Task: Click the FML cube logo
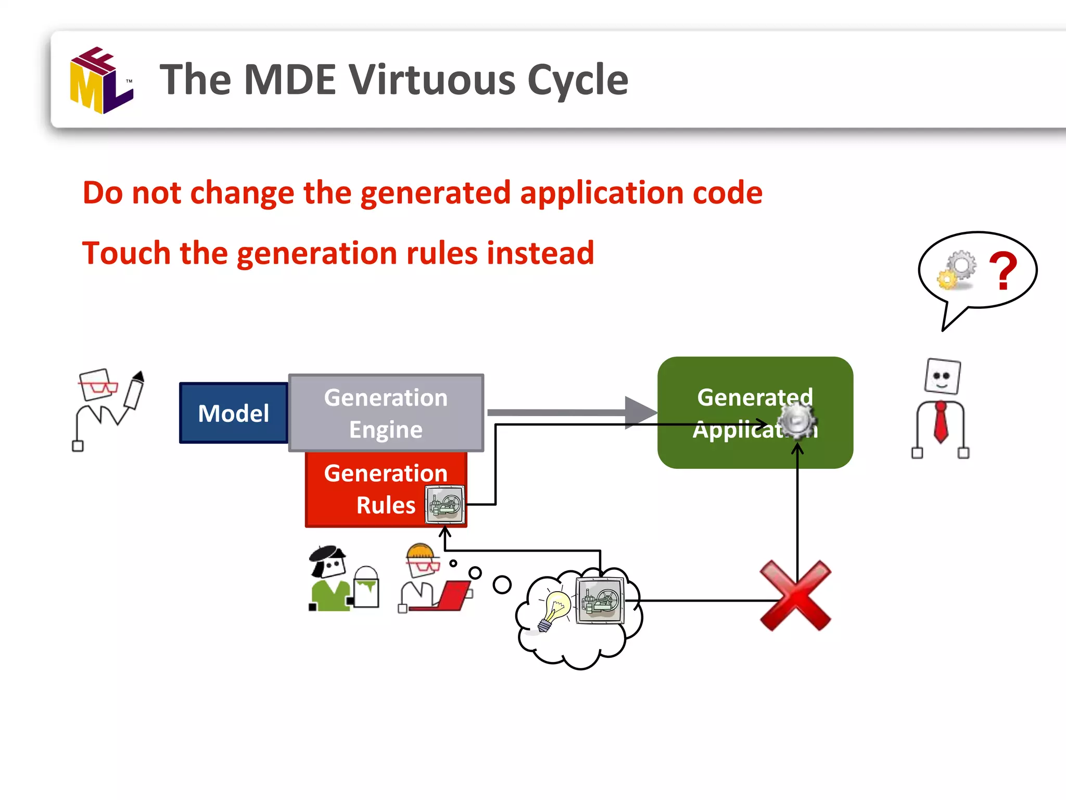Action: [x=101, y=81]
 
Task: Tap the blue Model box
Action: [x=234, y=413]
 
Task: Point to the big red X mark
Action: [x=795, y=595]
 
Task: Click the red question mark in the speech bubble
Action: [x=1003, y=270]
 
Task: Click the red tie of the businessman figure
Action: [x=941, y=422]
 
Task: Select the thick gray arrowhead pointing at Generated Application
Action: [x=641, y=413]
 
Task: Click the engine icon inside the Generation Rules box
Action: [x=445, y=504]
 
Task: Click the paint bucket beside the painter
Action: [x=366, y=588]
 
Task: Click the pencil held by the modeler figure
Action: [x=134, y=391]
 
